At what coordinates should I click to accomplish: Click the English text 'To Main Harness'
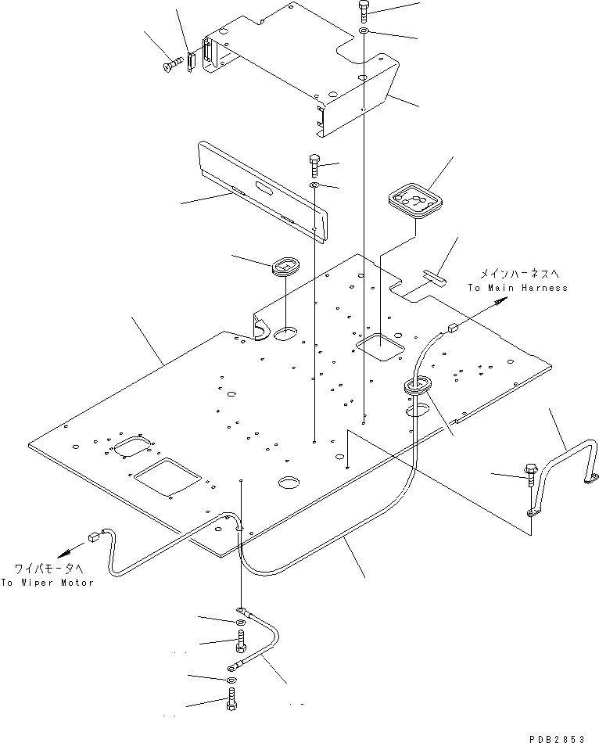[518, 288]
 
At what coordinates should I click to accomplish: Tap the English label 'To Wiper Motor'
[46, 583]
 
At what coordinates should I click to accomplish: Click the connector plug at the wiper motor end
[93, 537]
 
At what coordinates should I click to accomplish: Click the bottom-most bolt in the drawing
[231, 706]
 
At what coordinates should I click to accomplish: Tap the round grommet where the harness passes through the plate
[419, 384]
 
